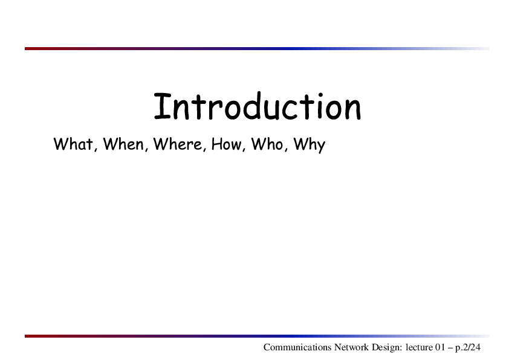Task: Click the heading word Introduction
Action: click(x=258, y=106)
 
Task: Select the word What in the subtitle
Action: click(x=73, y=144)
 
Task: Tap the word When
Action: click(x=124, y=144)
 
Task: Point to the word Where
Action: click(x=178, y=144)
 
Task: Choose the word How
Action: click(x=226, y=144)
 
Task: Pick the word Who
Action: click(x=267, y=144)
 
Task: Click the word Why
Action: click(x=310, y=145)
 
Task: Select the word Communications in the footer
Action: click(x=297, y=347)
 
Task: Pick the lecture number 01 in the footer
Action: click(x=440, y=347)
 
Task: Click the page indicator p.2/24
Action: click(x=468, y=348)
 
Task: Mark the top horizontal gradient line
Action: click(x=257, y=49)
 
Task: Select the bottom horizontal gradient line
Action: click(x=257, y=336)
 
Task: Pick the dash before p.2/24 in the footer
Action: click(x=450, y=349)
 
